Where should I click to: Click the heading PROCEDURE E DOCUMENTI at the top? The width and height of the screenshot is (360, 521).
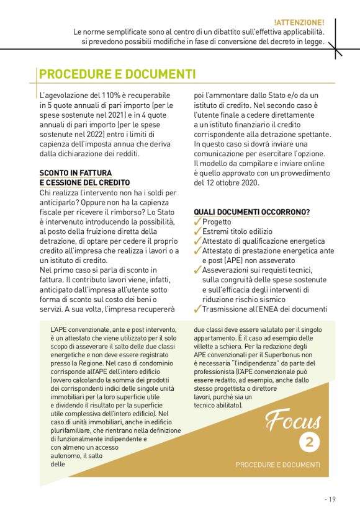117,75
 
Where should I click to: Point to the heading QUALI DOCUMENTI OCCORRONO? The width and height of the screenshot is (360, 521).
252,212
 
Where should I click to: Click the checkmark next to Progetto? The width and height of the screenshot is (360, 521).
197,221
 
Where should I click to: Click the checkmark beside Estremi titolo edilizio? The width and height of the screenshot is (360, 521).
197,231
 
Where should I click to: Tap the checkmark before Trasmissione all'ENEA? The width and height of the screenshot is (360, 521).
197,309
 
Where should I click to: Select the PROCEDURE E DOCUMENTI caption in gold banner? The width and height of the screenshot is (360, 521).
277,464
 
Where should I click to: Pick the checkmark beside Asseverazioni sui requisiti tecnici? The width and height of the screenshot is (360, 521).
197,270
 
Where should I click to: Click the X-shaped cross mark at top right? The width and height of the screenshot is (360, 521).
336,47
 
